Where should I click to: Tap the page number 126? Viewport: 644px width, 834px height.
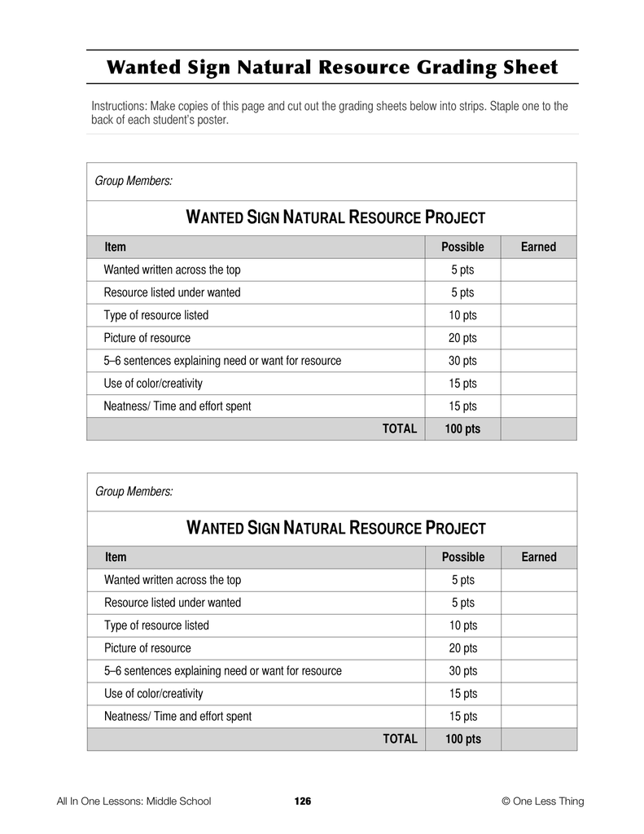(x=302, y=801)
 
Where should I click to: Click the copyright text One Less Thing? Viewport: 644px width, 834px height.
(x=543, y=801)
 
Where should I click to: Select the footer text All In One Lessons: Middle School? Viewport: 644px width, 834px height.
(x=134, y=801)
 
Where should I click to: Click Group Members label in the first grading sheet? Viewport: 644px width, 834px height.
(x=134, y=181)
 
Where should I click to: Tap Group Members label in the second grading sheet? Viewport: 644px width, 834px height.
(x=134, y=491)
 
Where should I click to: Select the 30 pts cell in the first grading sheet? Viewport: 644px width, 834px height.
(x=462, y=361)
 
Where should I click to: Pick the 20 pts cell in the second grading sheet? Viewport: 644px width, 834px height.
(x=462, y=648)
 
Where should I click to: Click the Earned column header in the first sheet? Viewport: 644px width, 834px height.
(x=538, y=247)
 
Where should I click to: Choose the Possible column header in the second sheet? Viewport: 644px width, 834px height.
(x=462, y=557)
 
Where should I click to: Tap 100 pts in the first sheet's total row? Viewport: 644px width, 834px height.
(x=462, y=429)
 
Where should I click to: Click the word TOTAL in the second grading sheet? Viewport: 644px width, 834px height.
(x=400, y=739)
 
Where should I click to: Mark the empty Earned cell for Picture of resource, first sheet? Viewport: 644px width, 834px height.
(x=538, y=338)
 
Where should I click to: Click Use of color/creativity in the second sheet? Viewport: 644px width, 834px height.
(x=154, y=694)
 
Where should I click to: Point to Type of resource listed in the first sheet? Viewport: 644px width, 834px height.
(x=156, y=315)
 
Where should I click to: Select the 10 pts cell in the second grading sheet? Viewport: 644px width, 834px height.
(x=462, y=625)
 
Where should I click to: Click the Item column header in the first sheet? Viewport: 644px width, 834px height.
(x=115, y=247)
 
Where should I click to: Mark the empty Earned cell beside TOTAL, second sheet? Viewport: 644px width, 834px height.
(x=538, y=739)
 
